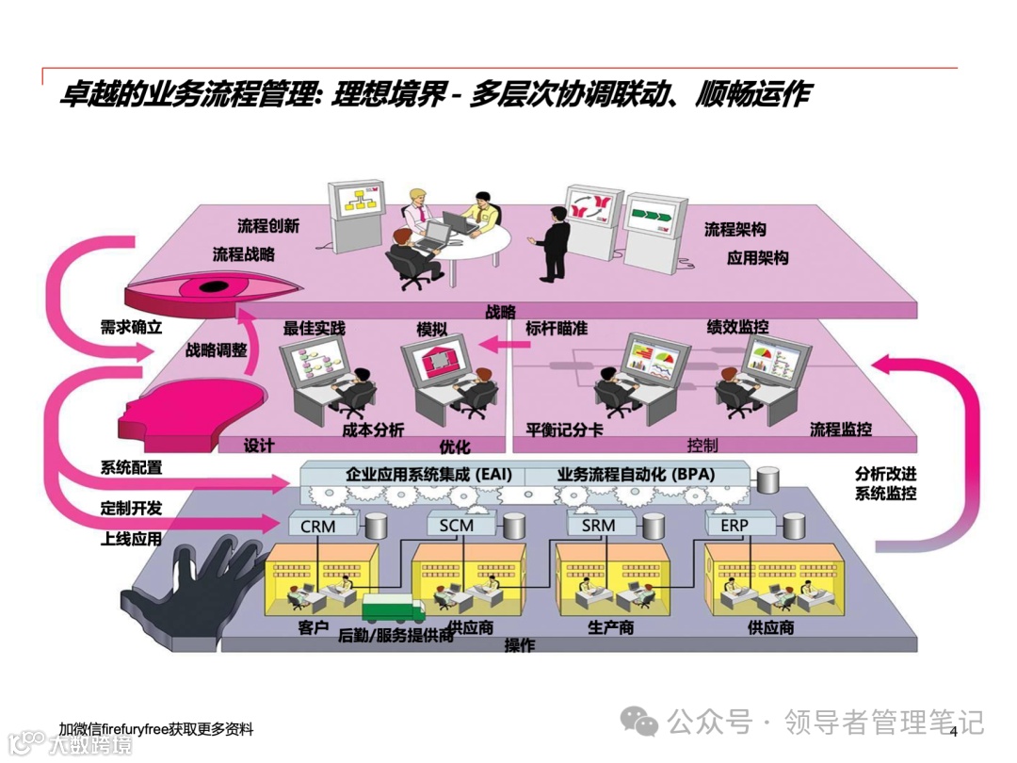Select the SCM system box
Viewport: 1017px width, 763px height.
(x=456, y=525)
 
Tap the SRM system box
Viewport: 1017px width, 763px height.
(x=597, y=525)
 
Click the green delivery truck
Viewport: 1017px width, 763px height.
(x=395, y=609)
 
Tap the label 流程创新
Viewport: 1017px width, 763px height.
(x=268, y=226)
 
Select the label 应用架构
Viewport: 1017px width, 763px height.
(x=757, y=258)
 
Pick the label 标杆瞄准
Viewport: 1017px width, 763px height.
(x=557, y=329)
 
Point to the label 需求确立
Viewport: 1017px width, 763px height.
(x=132, y=328)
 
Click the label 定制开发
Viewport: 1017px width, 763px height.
(x=132, y=508)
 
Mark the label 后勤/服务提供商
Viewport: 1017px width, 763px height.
(x=395, y=636)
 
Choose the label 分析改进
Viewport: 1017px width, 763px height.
(x=885, y=473)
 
